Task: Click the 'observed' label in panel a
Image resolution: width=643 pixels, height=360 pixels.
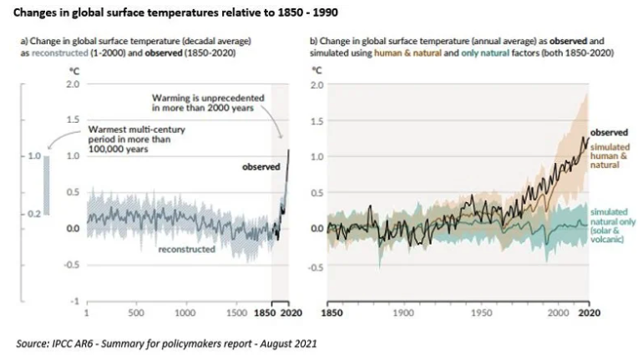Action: (261, 167)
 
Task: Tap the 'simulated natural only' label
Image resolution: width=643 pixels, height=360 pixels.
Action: (612, 230)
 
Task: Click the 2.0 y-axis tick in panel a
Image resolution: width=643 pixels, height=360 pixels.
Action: (73, 84)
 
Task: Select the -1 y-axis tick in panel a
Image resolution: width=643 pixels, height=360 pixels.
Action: (75, 301)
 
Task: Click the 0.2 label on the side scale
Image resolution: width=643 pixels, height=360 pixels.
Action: (34, 215)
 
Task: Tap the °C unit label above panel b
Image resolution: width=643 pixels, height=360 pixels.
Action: (316, 71)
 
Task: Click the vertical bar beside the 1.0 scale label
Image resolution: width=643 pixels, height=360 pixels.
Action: (47, 185)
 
